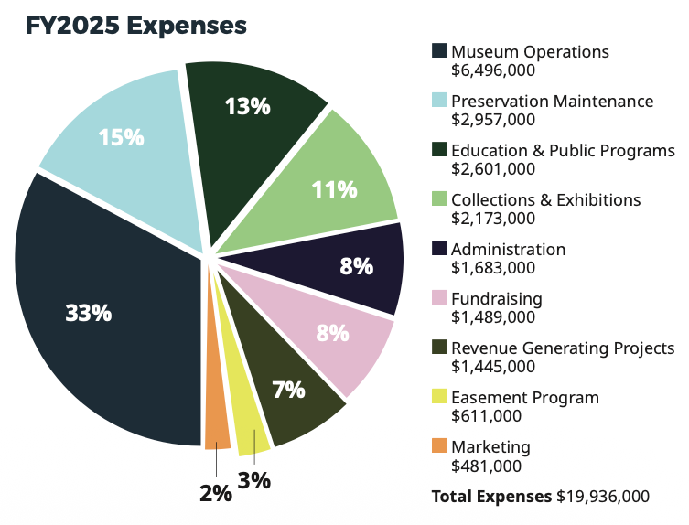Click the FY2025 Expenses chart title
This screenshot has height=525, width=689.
136,26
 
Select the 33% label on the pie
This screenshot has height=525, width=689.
89,313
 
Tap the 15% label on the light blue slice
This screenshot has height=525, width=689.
122,137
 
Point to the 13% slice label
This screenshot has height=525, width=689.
248,106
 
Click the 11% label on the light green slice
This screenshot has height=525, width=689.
334,189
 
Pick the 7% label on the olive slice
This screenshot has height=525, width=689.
288,390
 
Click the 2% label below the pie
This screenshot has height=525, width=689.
216,494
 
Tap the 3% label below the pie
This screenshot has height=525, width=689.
254,480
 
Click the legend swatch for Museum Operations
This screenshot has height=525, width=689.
439,51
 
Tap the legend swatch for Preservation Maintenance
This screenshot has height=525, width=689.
439,101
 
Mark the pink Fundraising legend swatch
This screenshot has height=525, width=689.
439,298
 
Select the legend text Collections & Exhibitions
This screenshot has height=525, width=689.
546,199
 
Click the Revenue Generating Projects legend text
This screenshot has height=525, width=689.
563,348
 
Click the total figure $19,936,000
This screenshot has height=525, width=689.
603,497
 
